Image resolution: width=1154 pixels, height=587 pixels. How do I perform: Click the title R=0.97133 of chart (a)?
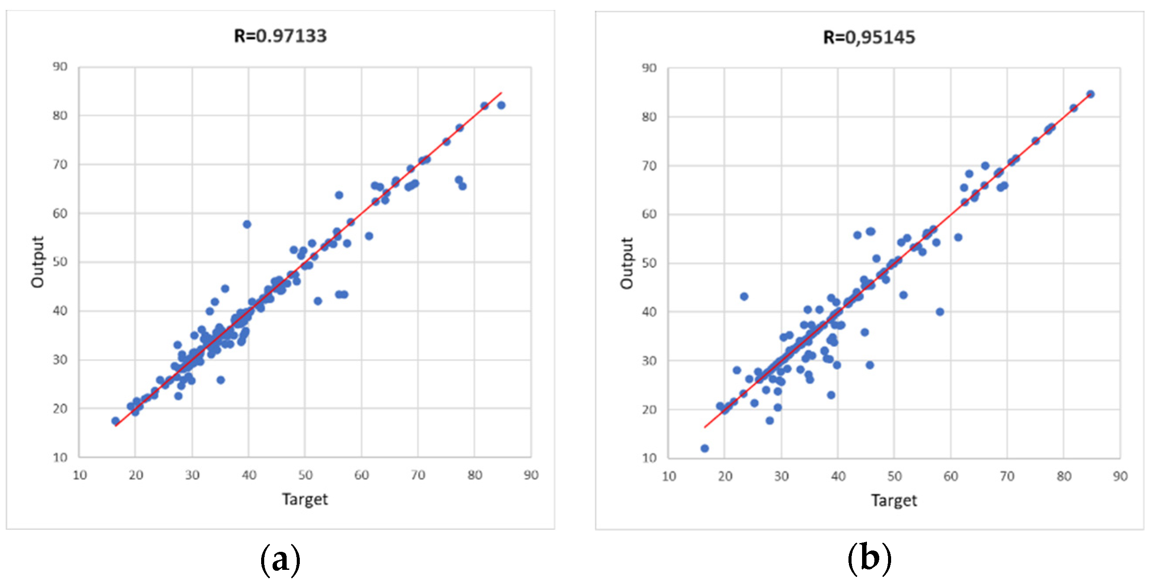(280, 36)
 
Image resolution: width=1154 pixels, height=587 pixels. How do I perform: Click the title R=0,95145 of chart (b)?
(869, 37)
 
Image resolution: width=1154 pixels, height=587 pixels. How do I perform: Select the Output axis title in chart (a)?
(38, 262)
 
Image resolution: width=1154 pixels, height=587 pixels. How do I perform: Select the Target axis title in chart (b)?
(894, 500)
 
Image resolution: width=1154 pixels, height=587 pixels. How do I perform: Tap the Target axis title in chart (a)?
(305, 499)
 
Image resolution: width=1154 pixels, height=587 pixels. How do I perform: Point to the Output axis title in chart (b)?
(627, 263)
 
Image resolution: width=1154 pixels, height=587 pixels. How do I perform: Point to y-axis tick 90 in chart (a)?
(60, 67)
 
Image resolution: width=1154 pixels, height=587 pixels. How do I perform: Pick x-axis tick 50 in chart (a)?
(305, 475)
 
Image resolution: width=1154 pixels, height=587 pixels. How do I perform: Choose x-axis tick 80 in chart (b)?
(1063, 476)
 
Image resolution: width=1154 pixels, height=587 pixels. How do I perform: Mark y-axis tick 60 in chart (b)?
(649, 214)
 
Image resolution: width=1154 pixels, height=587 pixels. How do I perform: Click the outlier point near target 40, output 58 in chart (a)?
(247, 224)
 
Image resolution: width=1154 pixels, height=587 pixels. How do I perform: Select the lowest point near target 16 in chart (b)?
(704, 448)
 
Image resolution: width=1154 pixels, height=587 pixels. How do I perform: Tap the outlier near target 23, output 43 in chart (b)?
(744, 296)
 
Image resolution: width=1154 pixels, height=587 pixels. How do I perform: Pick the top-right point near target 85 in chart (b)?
(1090, 94)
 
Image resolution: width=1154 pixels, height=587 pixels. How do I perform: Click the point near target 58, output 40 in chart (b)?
(940, 311)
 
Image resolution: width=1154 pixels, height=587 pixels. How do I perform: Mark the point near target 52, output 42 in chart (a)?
(317, 301)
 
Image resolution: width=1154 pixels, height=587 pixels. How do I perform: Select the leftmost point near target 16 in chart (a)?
(115, 421)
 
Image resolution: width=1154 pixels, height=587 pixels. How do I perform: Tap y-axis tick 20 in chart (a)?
(60, 408)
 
